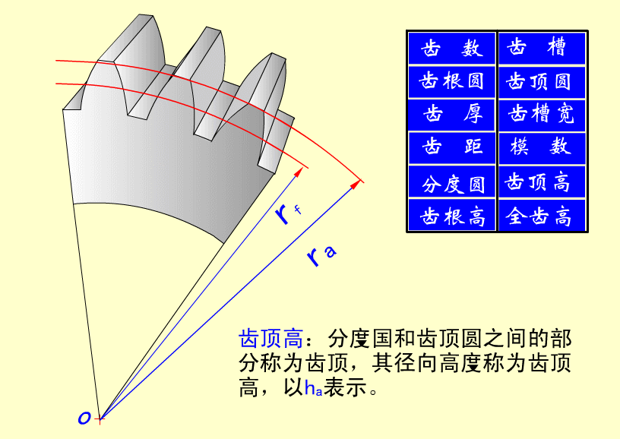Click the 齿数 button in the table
pyautogui.click(x=451, y=48)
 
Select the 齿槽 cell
pyautogui.click(x=542, y=48)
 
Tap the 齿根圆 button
pyautogui.click(x=451, y=82)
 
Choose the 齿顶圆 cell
pyautogui.click(x=542, y=82)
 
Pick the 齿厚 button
pyautogui.click(x=451, y=115)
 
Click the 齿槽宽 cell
pyautogui.click(x=542, y=115)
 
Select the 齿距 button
pyautogui.click(x=451, y=148)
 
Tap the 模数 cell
pyautogui.click(x=542, y=148)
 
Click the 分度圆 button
pyautogui.click(x=451, y=182)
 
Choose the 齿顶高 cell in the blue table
pyautogui.click(x=542, y=182)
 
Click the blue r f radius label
pyautogui.click(x=287, y=213)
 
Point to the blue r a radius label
pyautogui.click(x=321, y=255)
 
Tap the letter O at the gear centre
pyautogui.click(x=84, y=418)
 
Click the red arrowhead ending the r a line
pyautogui.click(x=356, y=184)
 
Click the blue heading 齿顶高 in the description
pyautogui.click(x=270, y=338)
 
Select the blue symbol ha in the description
pyautogui.click(x=313, y=388)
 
